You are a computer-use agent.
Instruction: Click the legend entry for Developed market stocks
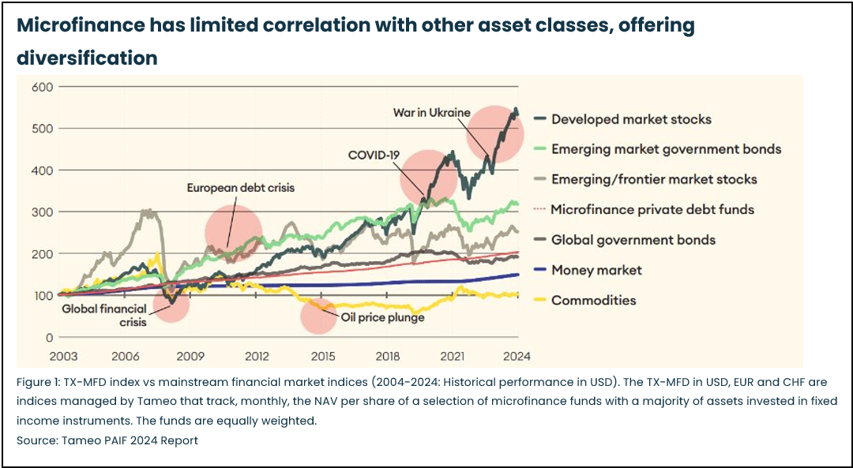tap(631, 119)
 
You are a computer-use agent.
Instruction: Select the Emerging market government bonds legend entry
tap(666, 149)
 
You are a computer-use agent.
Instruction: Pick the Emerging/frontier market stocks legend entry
tap(654, 179)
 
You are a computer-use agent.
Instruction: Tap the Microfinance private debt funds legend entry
tap(652, 209)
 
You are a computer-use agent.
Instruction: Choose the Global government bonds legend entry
tap(633, 239)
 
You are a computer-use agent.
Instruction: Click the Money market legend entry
tap(596, 270)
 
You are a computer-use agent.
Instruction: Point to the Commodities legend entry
tap(593, 300)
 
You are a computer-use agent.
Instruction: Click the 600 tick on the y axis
tap(42, 87)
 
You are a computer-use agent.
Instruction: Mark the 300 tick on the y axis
tap(42, 212)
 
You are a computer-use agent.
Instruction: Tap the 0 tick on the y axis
tap(48, 337)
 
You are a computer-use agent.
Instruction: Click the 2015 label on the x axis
tap(322, 356)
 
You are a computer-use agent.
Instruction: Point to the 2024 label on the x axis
tap(517, 356)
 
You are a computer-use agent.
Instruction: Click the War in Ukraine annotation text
tap(431, 113)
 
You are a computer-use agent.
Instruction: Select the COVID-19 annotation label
tap(374, 155)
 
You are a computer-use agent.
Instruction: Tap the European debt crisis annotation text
tap(240, 188)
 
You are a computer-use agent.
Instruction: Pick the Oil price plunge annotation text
tap(382, 317)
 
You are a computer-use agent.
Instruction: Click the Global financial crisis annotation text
tap(103, 316)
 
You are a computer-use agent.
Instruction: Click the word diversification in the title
tap(87, 58)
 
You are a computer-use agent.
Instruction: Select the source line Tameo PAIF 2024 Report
tap(107, 440)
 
